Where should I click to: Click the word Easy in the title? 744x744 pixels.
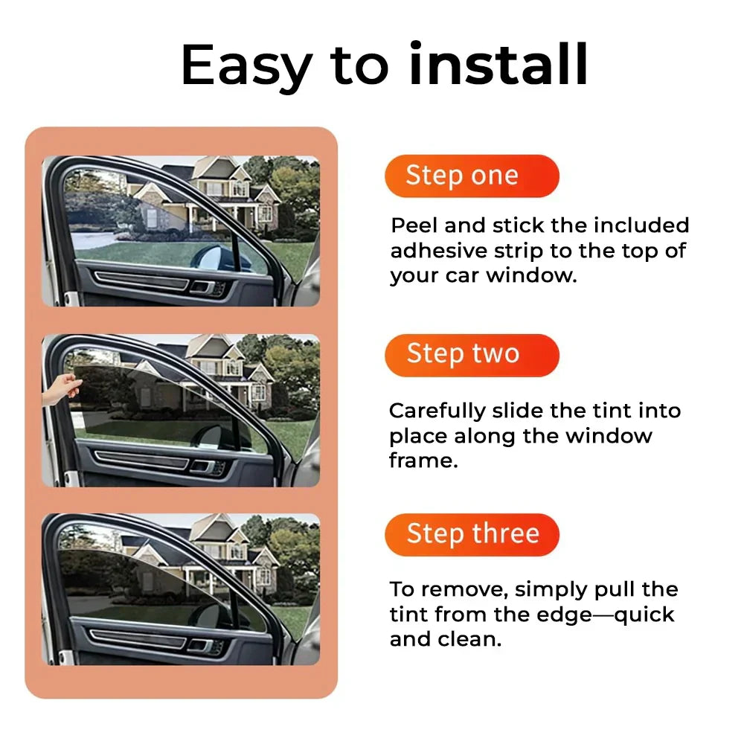pos(246,65)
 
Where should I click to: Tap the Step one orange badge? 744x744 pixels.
pos(472,176)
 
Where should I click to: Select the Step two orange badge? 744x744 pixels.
pos(472,355)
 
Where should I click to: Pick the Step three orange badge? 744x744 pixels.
pos(472,534)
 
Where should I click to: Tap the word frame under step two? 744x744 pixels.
pos(420,461)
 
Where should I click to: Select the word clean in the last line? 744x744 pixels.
pos(467,640)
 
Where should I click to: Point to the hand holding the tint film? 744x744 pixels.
pos(61,389)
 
